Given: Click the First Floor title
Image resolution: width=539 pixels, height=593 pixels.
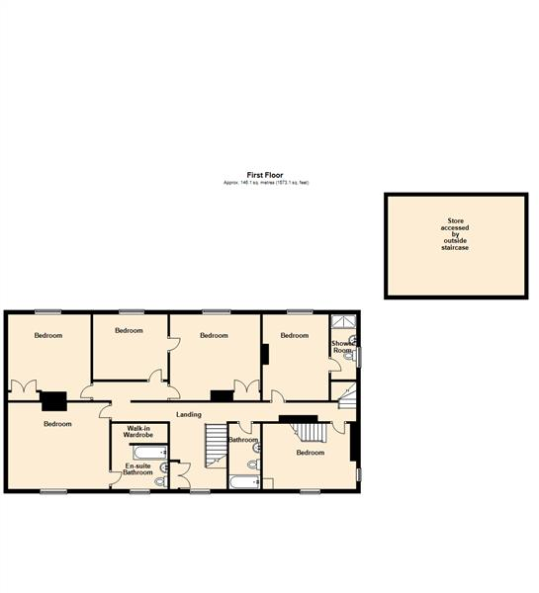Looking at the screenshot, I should point(265,175).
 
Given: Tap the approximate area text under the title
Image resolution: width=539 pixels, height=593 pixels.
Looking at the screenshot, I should point(265,183).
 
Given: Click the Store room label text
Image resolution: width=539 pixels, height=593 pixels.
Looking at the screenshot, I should point(455,233).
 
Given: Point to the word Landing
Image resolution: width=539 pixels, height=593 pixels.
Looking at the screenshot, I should point(189,414).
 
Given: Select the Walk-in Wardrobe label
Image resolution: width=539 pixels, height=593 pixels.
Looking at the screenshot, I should point(137,432).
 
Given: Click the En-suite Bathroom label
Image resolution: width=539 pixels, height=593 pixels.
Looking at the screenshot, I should point(138,469).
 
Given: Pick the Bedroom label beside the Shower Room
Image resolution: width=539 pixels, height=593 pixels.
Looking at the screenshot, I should point(294,335).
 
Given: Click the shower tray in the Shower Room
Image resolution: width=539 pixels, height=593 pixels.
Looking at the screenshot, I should point(344,320).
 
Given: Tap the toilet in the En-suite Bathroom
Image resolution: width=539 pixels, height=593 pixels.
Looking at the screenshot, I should point(159,481).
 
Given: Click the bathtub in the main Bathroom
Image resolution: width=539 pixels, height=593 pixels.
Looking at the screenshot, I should point(243,481).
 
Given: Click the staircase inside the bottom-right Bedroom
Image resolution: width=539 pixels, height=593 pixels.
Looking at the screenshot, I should point(311,432).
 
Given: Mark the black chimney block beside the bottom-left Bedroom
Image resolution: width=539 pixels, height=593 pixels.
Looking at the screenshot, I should point(53,399).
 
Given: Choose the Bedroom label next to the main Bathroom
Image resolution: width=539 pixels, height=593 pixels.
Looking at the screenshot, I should point(310,453).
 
